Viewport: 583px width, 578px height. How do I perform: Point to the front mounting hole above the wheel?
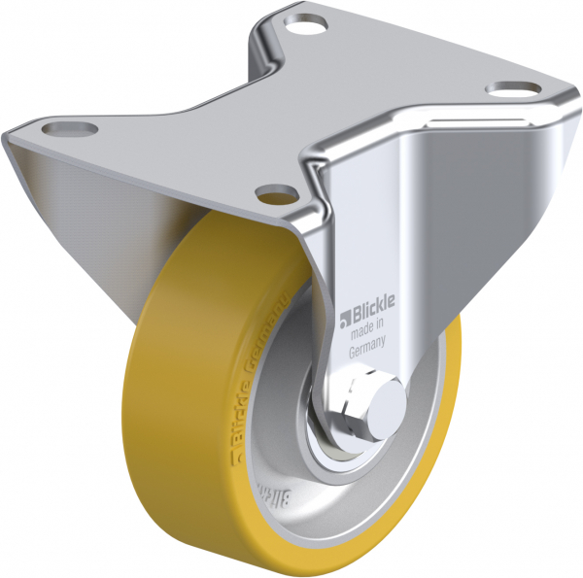tap(275, 190)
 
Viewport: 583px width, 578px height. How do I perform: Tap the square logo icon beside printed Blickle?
tap(343, 314)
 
